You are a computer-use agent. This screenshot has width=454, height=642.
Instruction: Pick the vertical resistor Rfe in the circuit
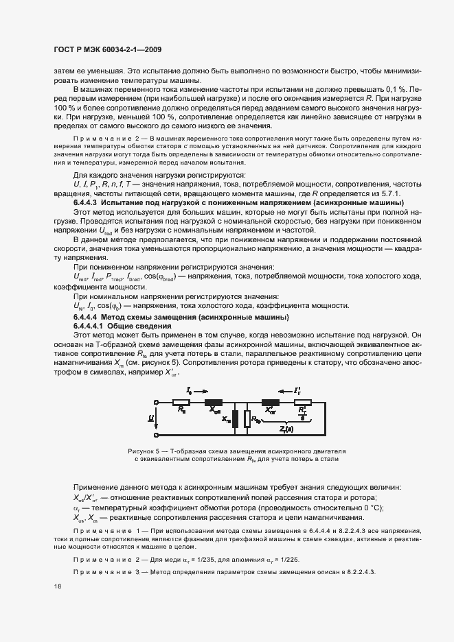click(x=247, y=418)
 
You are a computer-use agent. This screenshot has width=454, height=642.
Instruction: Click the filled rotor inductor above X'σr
click(x=270, y=403)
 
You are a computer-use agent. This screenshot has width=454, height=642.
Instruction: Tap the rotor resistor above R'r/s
click(x=302, y=403)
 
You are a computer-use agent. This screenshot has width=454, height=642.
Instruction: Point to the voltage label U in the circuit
click(x=151, y=418)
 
